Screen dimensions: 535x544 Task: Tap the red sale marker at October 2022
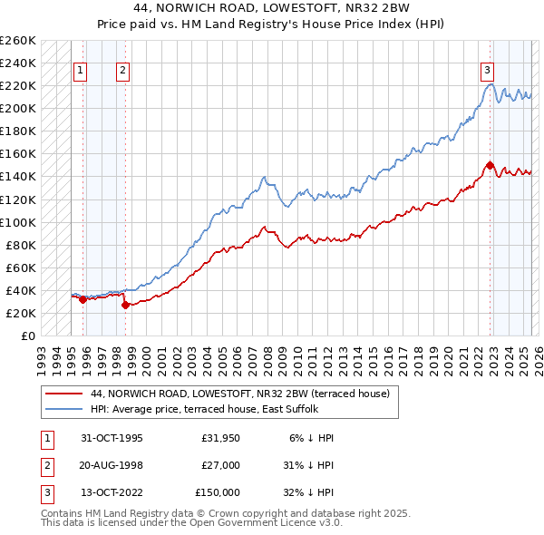click(x=490, y=165)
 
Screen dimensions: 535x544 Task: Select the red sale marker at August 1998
click(x=125, y=305)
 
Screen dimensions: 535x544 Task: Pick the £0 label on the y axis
click(x=27, y=336)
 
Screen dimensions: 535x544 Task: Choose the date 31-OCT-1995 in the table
click(x=112, y=438)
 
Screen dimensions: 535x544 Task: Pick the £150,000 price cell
click(x=218, y=492)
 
